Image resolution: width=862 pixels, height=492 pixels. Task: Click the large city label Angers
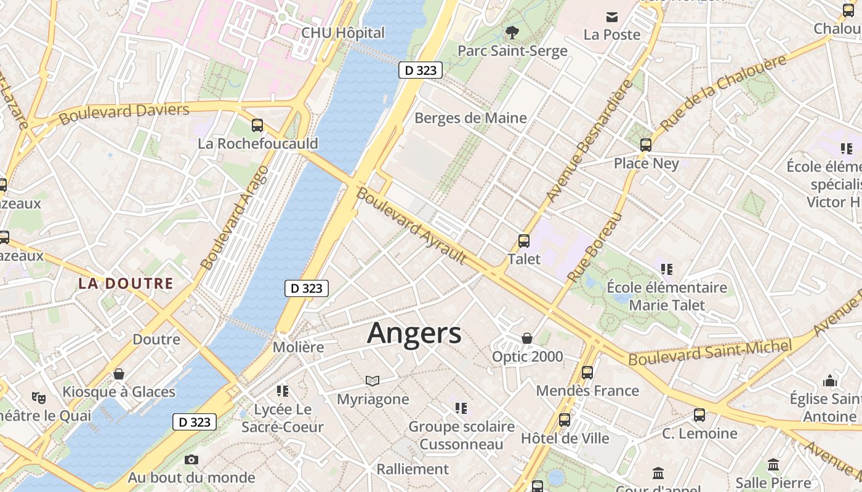pyautogui.click(x=414, y=333)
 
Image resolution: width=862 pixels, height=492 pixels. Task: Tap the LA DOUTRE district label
pyautogui.click(x=126, y=284)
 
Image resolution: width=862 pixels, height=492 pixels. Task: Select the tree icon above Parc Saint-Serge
pyautogui.click(x=512, y=32)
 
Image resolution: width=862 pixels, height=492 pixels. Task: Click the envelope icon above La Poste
pyautogui.click(x=611, y=17)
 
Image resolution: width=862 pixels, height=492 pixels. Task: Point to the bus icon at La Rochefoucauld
pyautogui.click(x=257, y=125)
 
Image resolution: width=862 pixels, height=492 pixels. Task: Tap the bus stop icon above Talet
pyautogui.click(x=524, y=240)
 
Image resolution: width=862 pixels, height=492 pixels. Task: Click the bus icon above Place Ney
pyautogui.click(x=646, y=145)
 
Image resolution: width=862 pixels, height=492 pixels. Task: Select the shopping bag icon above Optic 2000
pyautogui.click(x=527, y=338)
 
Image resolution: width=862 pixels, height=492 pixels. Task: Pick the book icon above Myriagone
pyautogui.click(x=373, y=381)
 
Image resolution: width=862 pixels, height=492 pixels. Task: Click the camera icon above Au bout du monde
pyautogui.click(x=191, y=459)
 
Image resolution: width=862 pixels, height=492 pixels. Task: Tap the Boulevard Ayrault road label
pyautogui.click(x=411, y=226)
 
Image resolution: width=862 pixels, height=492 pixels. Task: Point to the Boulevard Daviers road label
pyautogui.click(x=124, y=113)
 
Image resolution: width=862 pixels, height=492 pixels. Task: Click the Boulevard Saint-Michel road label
pyautogui.click(x=710, y=352)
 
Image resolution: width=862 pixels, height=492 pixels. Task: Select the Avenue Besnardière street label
pyautogui.click(x=589, y=141)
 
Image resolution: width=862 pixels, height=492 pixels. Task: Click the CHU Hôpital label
pyautogui.click(x=343, y=33)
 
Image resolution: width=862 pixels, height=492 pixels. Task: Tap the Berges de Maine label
pyautogui.click(x=470, y=117)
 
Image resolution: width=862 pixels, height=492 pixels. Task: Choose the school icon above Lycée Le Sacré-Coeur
pyautogui.click(x=283, y=391)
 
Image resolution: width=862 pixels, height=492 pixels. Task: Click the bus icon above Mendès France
pyautogui.click(x=587, y=372)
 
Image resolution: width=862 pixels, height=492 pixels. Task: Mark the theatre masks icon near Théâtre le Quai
pyautogui.click(x=39, y=398)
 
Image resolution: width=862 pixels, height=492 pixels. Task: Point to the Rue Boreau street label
pyautogui.click(x=595, y=247)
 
